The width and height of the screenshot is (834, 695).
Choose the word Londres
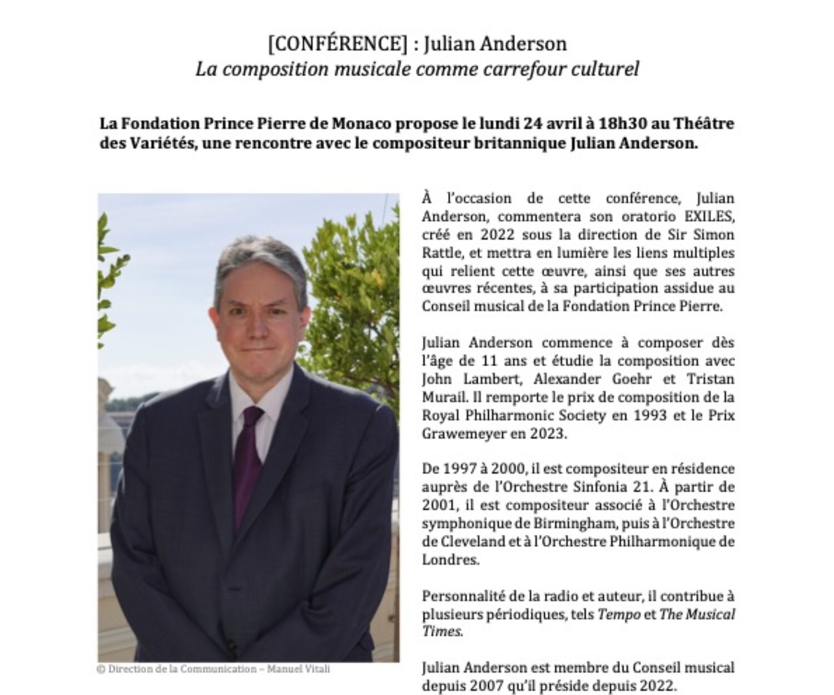pos(450,560)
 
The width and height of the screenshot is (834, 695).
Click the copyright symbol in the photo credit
pos(101,669)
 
